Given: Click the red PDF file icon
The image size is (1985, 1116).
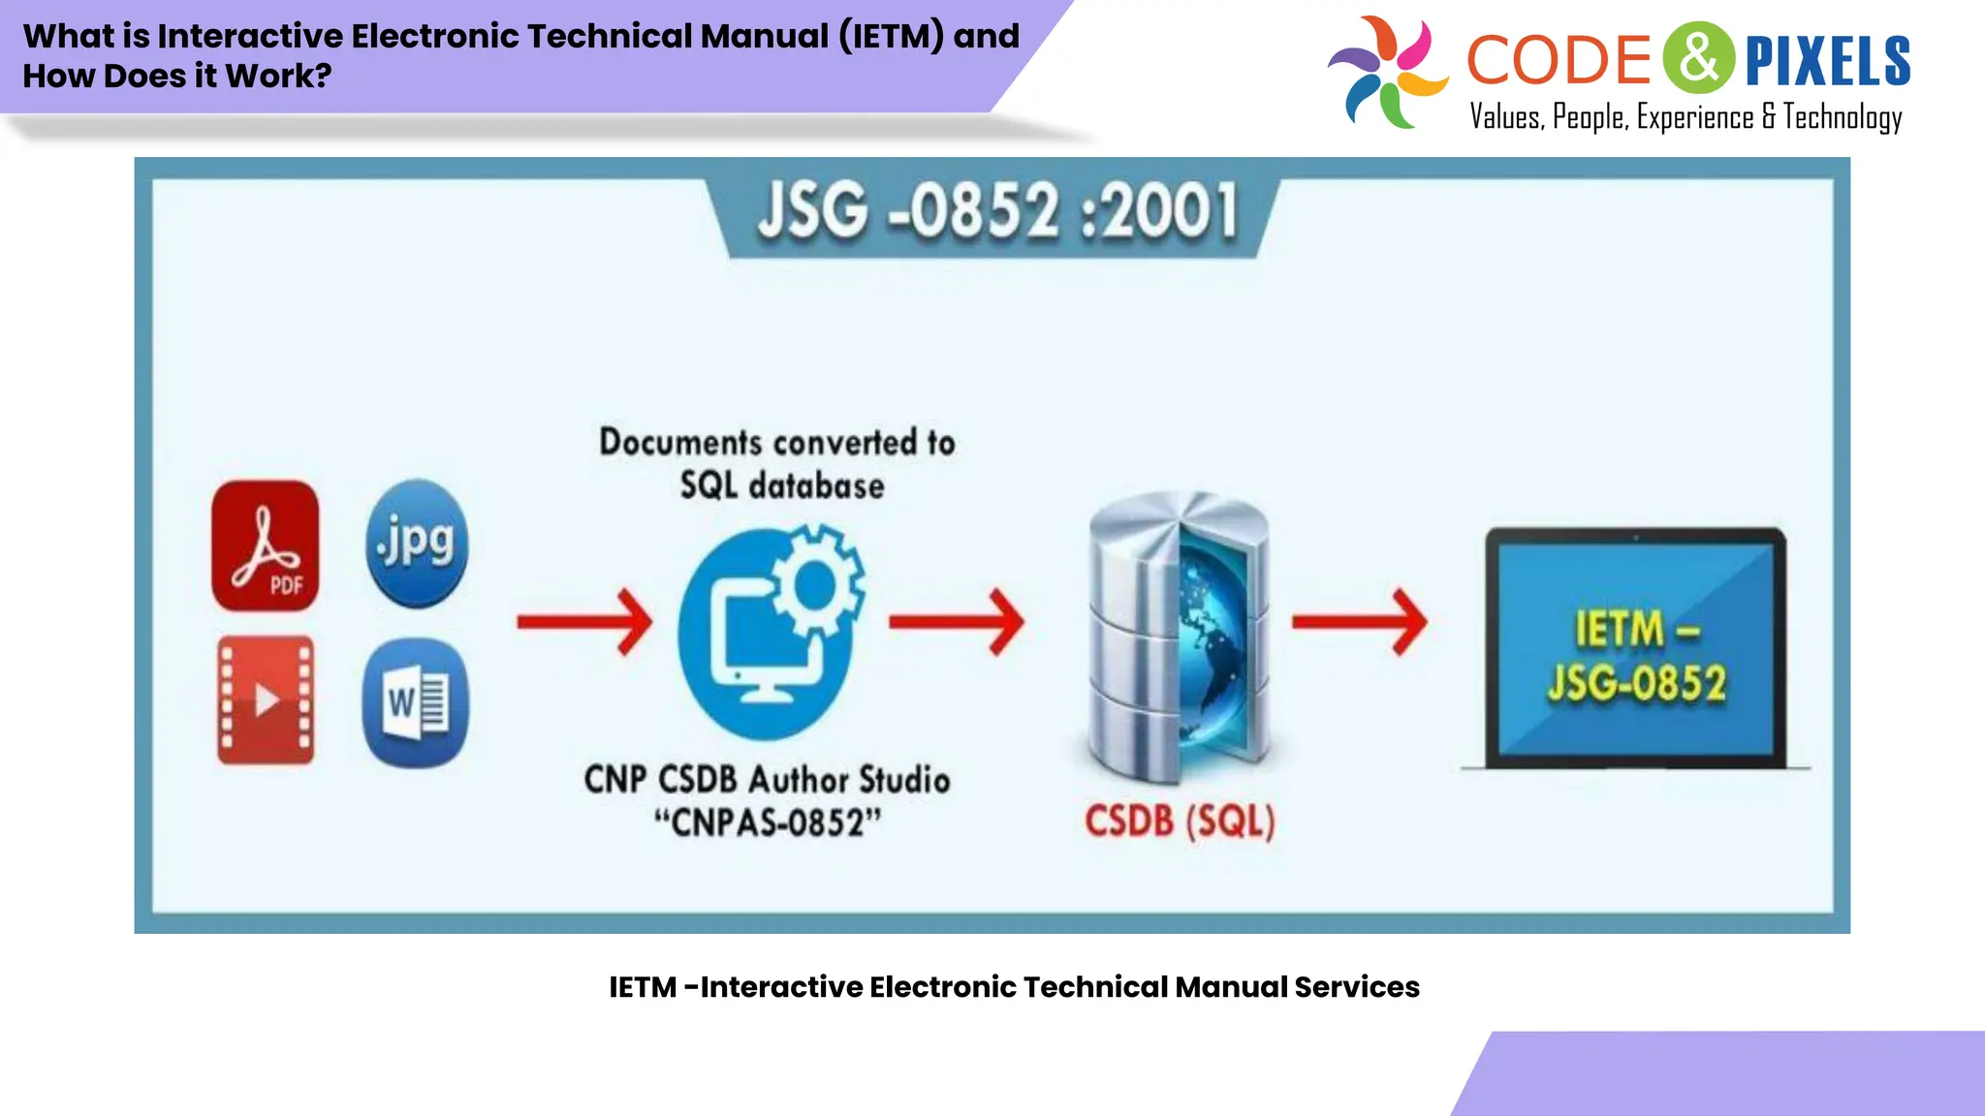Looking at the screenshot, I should [265, 545].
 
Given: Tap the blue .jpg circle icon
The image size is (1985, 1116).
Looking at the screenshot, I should [417, 542].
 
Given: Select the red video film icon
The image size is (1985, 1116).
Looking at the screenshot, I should [265, 699].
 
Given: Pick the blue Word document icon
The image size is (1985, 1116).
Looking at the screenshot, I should [416, 702].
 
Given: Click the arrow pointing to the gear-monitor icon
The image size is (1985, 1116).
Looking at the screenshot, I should [583, 622].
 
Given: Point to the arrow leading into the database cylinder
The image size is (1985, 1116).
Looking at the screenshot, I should [956, 622].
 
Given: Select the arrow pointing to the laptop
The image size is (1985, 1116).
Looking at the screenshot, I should [1359, 622].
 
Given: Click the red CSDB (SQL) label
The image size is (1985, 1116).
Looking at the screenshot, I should [1180, 821].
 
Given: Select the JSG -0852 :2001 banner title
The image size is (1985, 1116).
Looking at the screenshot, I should [997, 211].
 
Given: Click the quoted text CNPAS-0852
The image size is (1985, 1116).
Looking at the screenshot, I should [768, 823].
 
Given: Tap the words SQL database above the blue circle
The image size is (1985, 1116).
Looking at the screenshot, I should [781, 485].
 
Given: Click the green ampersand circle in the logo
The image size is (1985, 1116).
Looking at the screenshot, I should [1698, 58].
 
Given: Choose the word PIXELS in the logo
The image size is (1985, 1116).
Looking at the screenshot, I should [1827, 60].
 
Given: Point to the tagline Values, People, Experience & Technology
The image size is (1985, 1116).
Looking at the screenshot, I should [1685, 117].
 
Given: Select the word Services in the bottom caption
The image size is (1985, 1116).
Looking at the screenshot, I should [1356, 987].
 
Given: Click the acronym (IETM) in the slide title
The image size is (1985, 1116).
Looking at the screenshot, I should [891, 36].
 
